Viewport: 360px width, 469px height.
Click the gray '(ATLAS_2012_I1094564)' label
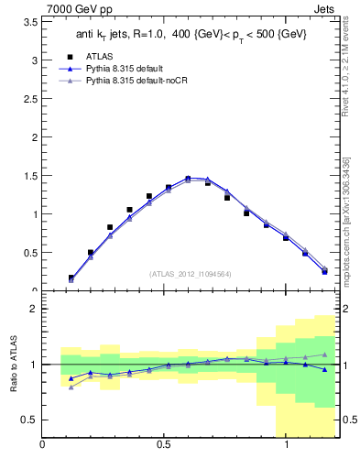point(191,273)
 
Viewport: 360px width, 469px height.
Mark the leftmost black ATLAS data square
point(71,278)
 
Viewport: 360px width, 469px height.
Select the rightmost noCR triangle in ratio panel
point(324,354)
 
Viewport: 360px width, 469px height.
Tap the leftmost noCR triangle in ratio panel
point(71,387)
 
